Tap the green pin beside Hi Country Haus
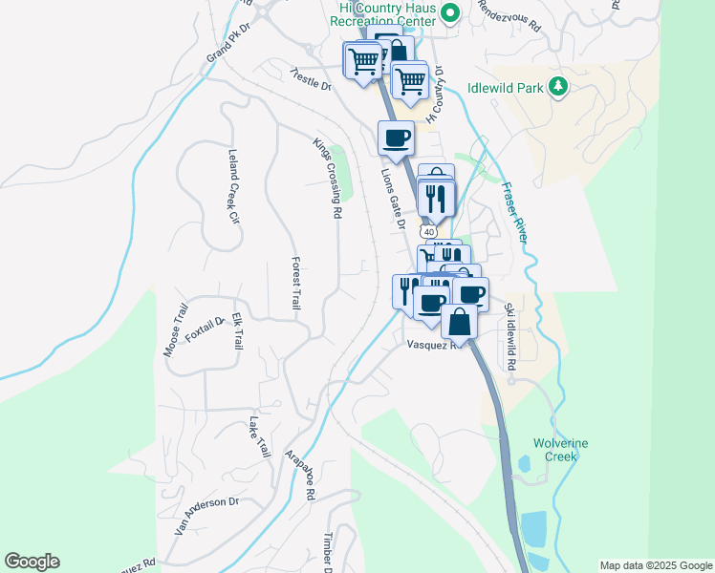455,12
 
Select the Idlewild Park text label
505,88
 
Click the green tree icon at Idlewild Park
558,88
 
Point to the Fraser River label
512,213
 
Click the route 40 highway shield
428,232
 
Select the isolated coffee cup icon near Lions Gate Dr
396,138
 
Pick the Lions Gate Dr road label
393,200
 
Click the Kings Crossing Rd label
327,179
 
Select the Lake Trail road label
259,436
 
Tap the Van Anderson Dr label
206,502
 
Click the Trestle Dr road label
311,79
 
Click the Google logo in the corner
32,562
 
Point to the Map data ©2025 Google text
655,565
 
